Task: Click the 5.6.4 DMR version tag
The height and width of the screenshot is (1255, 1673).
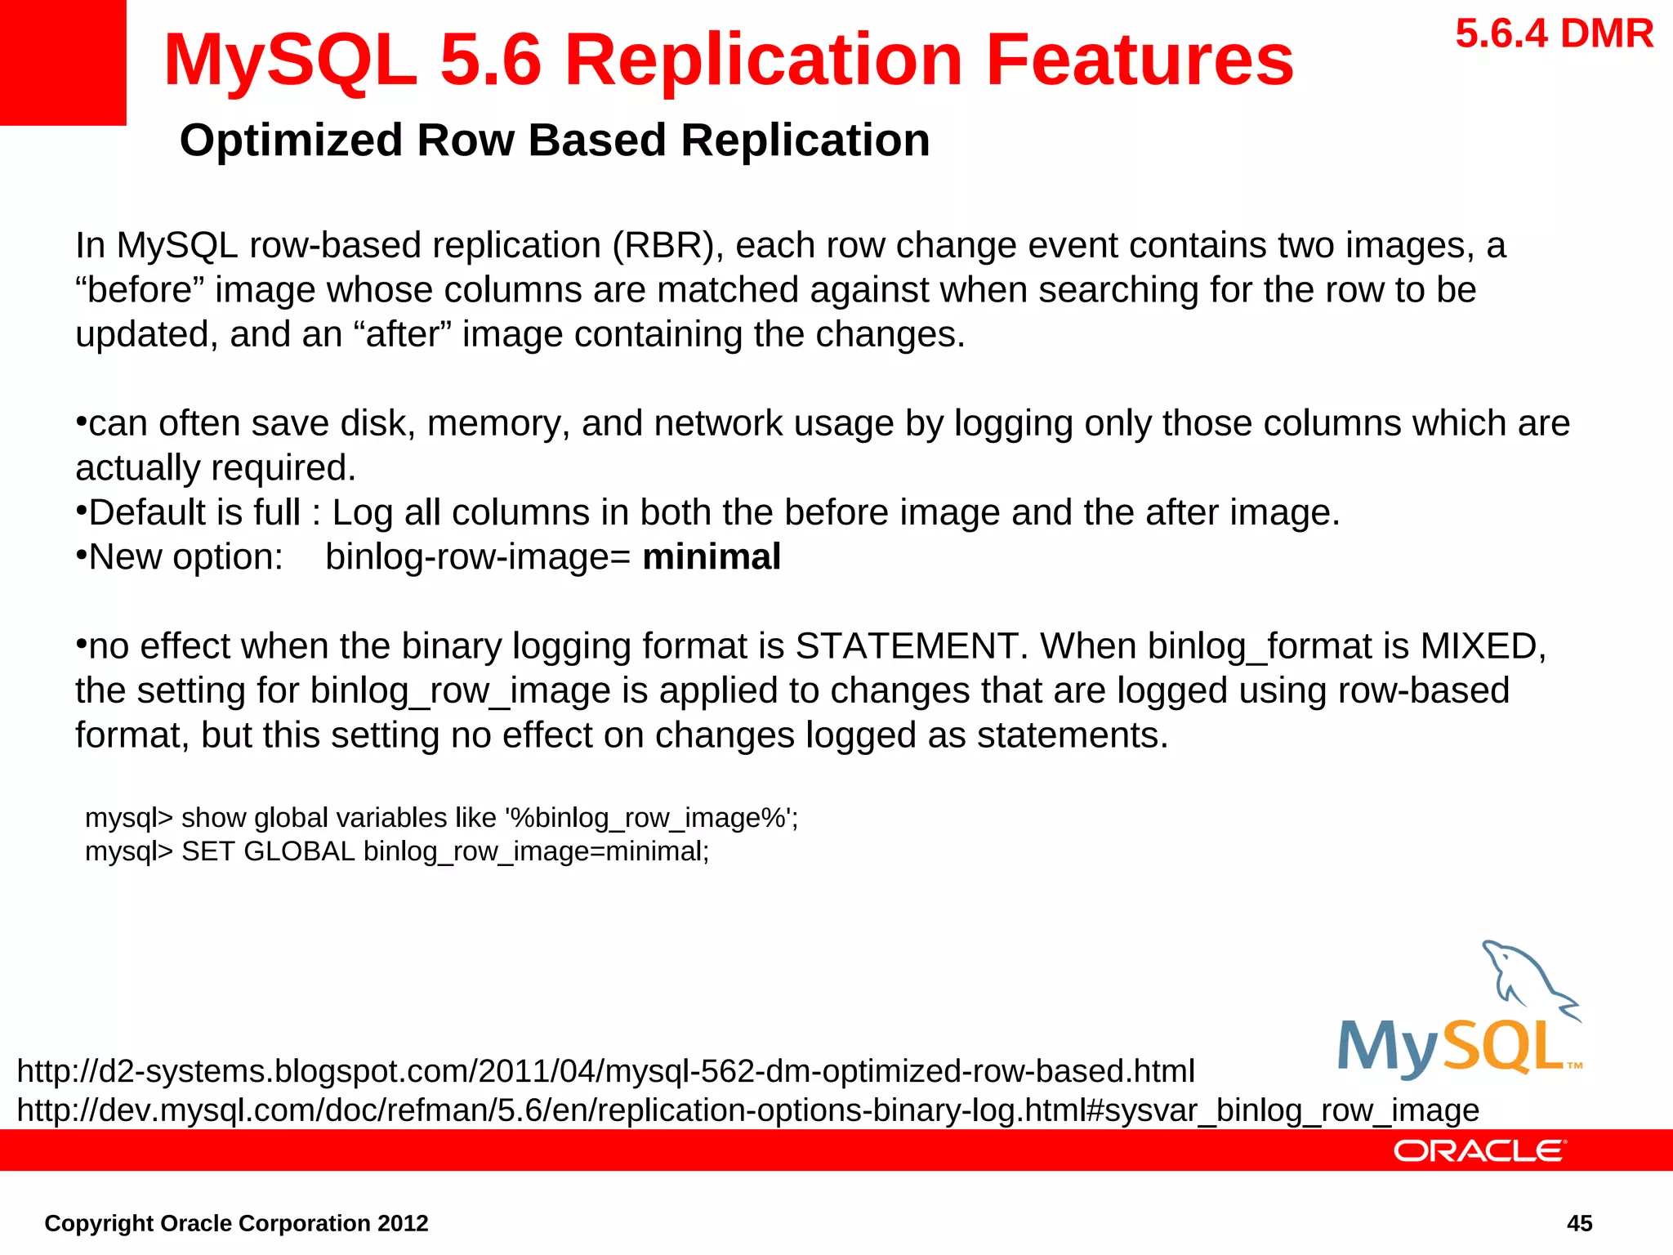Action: (x=1554, y=34)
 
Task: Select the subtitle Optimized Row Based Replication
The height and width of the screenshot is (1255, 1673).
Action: (x=555, y=140)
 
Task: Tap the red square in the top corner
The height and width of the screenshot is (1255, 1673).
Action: (x=62, y=62)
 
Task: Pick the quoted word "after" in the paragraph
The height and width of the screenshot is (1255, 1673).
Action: (x=402, y=334)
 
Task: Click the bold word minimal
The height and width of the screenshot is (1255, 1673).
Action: (x=712, y=557)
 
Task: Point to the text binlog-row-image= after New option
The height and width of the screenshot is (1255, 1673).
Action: (x=478, y=557)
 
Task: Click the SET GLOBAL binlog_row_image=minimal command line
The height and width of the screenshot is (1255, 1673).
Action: (x=397, y=851)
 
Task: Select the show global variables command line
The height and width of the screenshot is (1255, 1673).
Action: (x=441, y=818)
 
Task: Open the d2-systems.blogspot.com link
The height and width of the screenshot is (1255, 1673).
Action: (x=605, y=1070)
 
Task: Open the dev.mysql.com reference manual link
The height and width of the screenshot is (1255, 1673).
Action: (x=747, y=1110)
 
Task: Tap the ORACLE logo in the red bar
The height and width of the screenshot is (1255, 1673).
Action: (x=1479, y=1150)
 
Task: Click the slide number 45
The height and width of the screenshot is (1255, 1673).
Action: (x=1579, y=1223)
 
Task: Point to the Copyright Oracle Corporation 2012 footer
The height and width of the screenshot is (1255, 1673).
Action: (x=236, y=1223)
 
